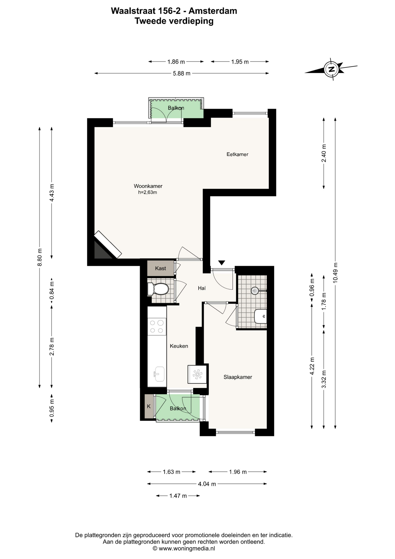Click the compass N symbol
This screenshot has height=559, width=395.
pyautogui.click(x=331, y=69)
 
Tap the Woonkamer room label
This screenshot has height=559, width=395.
pyautogui.click(x=148, y=186)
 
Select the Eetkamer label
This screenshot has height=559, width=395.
pyautogui.click(x=237, y=154)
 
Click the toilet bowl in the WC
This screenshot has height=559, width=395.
pyautogui.click(x=158, y=289)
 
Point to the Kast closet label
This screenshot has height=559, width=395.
pyautogui.click(x=161, y=268)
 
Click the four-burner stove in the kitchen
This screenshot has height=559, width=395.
pyautogui.click(x=157, y=326)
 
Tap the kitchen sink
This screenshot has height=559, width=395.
pyautogui.click(x=159, y=374)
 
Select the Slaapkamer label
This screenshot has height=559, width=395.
pyautogui.click(x=238, y=377)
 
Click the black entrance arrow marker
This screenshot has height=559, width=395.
pyautogui.click(x=222, y=263)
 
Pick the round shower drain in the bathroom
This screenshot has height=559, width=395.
pyautogui.click(x=255, y=291)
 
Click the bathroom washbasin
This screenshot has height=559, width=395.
pyautogui.click(x=261, y=316)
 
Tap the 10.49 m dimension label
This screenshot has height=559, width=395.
pyautogui.click(x=335, y=273)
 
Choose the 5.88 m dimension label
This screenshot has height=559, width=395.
pyautogui.click(x=182, y=73)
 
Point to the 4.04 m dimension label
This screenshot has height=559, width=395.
pyautogui.click(x=207, y=484)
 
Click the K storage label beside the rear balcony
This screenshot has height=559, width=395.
pyautogui.click(x=149, y=406)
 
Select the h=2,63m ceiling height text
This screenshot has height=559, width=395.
pyautogui.click(x=147, y=192)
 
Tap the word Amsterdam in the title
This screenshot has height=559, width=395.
pyautogui.click(x=213, y=11)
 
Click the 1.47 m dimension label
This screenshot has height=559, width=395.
pyautogui.click(x=178, y=496)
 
